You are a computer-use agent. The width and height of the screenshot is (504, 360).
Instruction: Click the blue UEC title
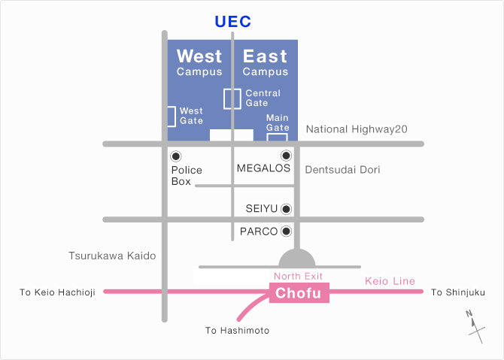[232, 22]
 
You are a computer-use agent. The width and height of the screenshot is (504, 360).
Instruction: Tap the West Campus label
[199, 62]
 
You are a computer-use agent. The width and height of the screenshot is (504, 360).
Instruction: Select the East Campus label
[266, 62]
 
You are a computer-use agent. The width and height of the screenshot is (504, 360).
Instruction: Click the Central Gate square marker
[232, 99]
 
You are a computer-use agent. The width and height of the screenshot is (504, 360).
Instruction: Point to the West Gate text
[191, 116]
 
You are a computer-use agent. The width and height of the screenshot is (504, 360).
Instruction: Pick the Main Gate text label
[278, 123]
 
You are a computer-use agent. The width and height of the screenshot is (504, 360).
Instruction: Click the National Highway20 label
[357, 129]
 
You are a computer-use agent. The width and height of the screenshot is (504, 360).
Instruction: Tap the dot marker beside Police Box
[176, 156]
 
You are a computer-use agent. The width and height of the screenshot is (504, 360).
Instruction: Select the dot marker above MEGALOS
[286, 156]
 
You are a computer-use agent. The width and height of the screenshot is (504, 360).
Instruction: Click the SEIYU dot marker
[286, 209]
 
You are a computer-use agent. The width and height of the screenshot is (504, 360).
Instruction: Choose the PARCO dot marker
[286, 231]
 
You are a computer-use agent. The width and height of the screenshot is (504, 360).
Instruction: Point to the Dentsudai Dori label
[342, 170]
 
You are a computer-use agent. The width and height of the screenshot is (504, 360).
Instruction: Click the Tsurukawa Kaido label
[112, 256]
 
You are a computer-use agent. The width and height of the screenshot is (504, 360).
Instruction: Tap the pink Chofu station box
[299, 292]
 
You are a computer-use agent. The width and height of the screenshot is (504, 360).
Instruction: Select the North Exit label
[298, 276]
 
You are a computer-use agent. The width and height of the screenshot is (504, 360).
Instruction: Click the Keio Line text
[390, 281]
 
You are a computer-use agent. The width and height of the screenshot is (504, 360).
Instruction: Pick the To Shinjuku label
[457, 292]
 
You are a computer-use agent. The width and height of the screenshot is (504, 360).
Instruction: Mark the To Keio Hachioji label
[57, 292]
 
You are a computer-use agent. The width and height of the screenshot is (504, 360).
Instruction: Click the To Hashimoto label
[237, 331]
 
